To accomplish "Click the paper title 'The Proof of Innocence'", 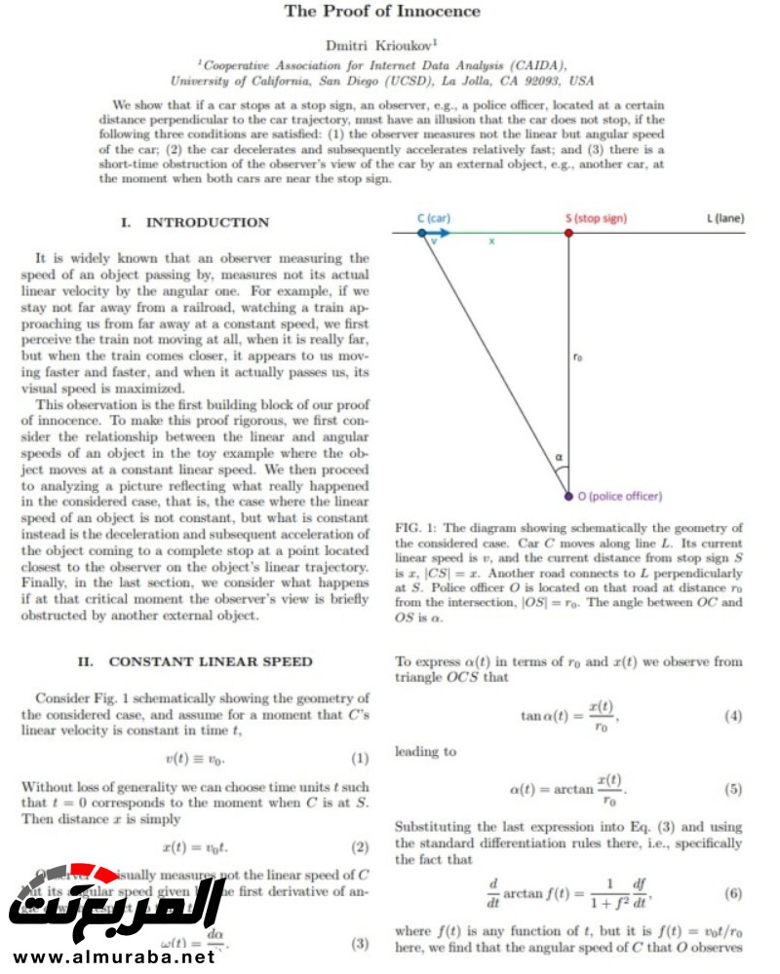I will pos(382,12).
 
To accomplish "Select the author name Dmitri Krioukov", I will pos(380,44).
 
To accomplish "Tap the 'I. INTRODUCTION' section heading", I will pos(194,223).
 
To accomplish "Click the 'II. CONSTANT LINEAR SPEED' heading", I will pos(195,662).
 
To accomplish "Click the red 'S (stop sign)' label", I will pos(596,218).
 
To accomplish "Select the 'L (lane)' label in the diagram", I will pos(725,218).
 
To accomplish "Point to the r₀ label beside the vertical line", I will pos(578,358).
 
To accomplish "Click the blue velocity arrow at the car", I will pos(437,234).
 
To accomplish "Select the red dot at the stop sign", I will pos(568,234).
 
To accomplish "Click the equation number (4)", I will pos(733,717).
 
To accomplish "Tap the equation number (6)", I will pos(733,893).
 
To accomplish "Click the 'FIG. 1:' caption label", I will pos(415,528).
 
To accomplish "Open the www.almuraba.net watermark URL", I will pos(109,956).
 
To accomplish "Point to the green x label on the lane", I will pos(491,242).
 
